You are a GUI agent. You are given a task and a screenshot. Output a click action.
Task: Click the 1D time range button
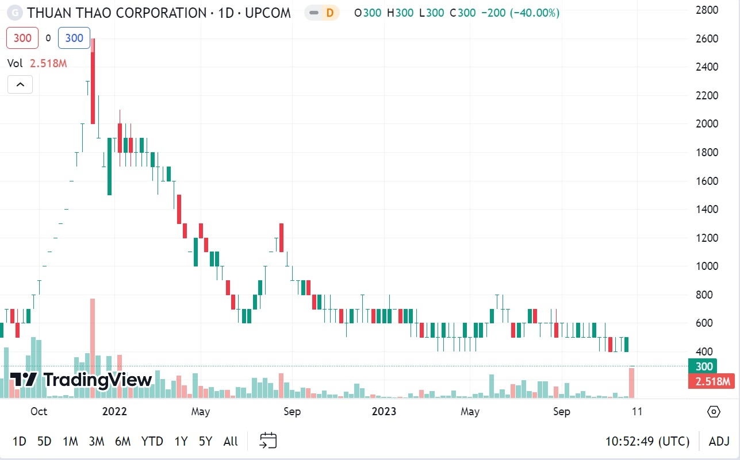pos(20,441)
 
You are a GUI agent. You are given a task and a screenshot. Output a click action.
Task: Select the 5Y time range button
pos(205,441)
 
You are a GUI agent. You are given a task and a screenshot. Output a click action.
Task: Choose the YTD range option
pos(152,441)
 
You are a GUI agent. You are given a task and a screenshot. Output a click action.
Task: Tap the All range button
pos(231,441)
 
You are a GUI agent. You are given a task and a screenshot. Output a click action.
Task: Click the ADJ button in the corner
pos(719,441)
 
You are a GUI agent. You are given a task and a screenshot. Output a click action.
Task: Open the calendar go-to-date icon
pos(268,440)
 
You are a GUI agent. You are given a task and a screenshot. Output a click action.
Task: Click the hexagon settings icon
pos(714,412)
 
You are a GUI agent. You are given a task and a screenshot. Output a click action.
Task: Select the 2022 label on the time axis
pos(114,412)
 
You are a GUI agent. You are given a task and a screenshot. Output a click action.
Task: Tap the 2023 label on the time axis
pos(384,412)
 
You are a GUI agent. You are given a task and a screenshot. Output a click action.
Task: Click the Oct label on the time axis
pos(39,412)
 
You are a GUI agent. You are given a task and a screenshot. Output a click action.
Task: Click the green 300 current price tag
pos(703,366)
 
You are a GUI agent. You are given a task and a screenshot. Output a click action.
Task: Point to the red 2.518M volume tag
pos(711,381)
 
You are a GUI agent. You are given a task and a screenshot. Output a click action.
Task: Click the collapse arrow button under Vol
pos(20,85)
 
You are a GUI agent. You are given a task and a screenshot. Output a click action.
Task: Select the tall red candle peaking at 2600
pos(93,80)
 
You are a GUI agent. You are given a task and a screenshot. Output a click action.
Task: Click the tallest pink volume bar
pos(92,348)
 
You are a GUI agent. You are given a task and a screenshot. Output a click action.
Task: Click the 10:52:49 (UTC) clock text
pos(647,441)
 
